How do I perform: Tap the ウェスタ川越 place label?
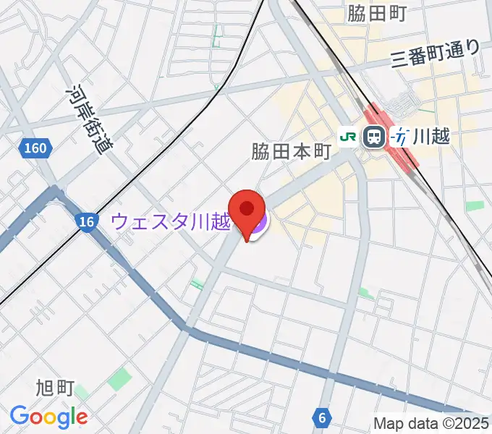coord(171,221)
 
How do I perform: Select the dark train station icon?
coord(374,136)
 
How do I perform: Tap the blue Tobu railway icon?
coord(399,136)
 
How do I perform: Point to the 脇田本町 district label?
coord(291,152)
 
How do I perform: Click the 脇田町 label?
coord(376,13)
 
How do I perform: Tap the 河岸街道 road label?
coord(85,117)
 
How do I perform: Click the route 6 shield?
coord(321,417)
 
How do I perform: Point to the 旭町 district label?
coord(55,388)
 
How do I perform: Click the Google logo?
coord(48,417)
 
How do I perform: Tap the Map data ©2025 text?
coord(431,423)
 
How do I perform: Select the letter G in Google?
coord(18,416)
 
